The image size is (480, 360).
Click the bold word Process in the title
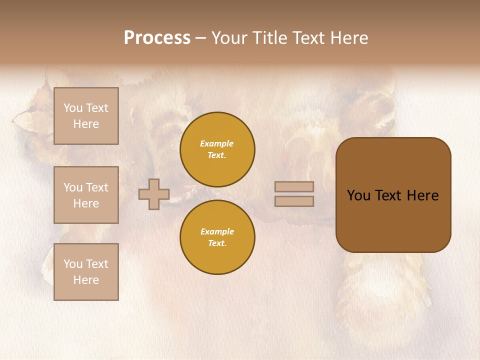point(157,38)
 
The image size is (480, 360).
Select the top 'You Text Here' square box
point(86,116)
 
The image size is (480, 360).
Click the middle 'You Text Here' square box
point(86,195)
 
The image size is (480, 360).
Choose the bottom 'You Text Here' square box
point(86,272)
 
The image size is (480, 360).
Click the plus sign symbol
point(154,194)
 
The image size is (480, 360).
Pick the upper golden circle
point(217,149)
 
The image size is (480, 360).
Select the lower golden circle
point(217,237)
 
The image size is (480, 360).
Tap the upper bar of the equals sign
point(294,186)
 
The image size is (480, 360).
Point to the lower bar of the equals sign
point(294,201)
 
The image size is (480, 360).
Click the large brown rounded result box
point(393,195)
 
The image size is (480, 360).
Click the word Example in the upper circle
point(216,143)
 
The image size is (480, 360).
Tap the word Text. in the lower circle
point(217,243)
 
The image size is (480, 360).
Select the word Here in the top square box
point(86,124)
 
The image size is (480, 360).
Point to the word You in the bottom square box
point(72,264)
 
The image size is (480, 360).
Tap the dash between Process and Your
point(200,38)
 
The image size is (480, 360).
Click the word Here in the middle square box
point(86,203)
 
